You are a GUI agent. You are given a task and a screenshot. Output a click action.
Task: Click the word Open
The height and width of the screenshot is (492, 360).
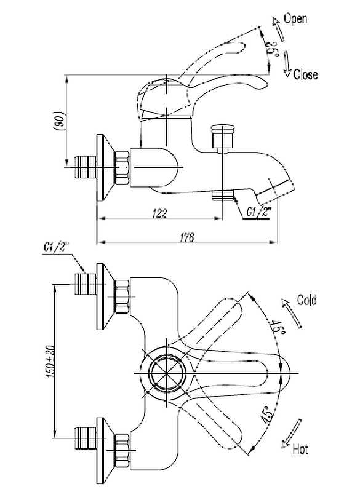pyautogui.click(x=295, y=19)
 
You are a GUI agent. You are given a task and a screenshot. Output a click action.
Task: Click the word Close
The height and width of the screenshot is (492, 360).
pyautogui.click(x=305, y=74)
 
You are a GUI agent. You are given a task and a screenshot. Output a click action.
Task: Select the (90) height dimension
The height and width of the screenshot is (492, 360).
pyautogui.click(x=60, y=121)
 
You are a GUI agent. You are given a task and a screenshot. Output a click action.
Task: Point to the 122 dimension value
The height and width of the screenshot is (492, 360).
pyautogui.click(x=160, y=213)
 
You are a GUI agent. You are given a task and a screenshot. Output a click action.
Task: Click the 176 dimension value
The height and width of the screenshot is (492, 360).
pyautogui.click(x=186, y=237)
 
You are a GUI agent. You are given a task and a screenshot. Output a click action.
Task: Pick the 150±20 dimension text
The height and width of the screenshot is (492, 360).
pyautogui.click(x=51, y=361)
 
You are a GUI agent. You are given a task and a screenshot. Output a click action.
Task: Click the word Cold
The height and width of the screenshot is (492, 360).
pyautogui.click(x=306, y=300)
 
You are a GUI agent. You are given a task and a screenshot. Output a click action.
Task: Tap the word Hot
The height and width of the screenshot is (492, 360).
pyautogui.click(x=300, y=449)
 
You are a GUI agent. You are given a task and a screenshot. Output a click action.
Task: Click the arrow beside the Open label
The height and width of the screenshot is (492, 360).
pyautogui.click(x=278, y=29)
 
